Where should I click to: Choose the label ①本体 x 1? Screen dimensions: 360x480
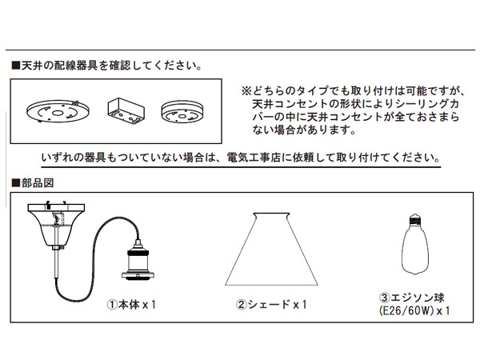point(132,304)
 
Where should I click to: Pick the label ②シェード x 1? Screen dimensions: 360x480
point(271,304)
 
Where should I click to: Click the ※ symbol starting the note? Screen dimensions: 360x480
point(246,91)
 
